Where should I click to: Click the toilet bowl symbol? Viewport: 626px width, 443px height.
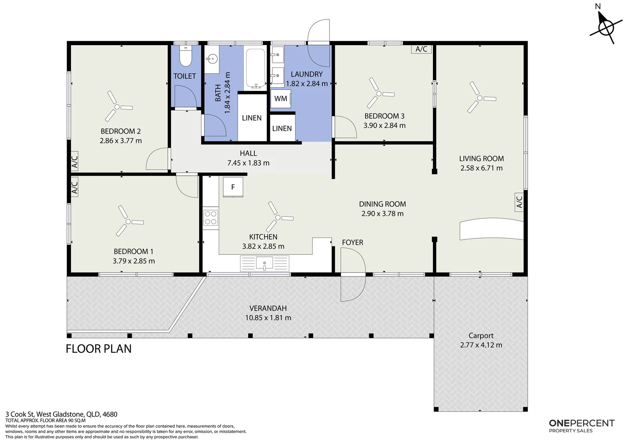point(186,56)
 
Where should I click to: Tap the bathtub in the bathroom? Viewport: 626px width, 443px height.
point(255,69)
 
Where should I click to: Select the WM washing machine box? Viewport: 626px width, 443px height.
point(281,98)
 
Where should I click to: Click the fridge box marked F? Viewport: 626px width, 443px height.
point(233,187)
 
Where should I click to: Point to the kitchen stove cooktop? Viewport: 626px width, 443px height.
point(211,218)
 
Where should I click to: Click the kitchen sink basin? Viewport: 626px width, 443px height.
point(264,263)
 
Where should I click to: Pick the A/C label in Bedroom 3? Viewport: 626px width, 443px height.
point(422,49)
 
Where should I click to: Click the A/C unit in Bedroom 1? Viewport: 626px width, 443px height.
point(74,187)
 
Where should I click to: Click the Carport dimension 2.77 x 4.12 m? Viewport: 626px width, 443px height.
point(481,345)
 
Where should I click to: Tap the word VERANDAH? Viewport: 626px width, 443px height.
point(268,308)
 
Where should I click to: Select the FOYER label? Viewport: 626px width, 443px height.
point(352,243)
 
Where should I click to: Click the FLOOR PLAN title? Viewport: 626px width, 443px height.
point(99,349)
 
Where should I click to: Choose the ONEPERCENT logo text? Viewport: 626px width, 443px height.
point(582,423)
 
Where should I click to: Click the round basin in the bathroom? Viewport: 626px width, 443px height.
point(212,59)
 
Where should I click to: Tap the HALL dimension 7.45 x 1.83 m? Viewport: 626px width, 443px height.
point(248,163)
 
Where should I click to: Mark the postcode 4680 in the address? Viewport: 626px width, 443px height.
point(110,414)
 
